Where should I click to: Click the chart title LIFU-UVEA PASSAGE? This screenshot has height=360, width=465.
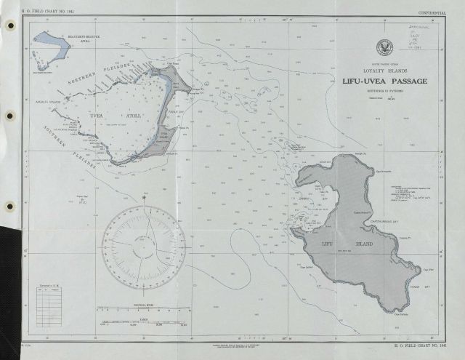pos(384,81)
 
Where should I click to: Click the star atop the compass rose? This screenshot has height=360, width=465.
pos(144,197)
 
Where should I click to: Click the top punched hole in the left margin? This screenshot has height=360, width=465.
pos(10,25)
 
